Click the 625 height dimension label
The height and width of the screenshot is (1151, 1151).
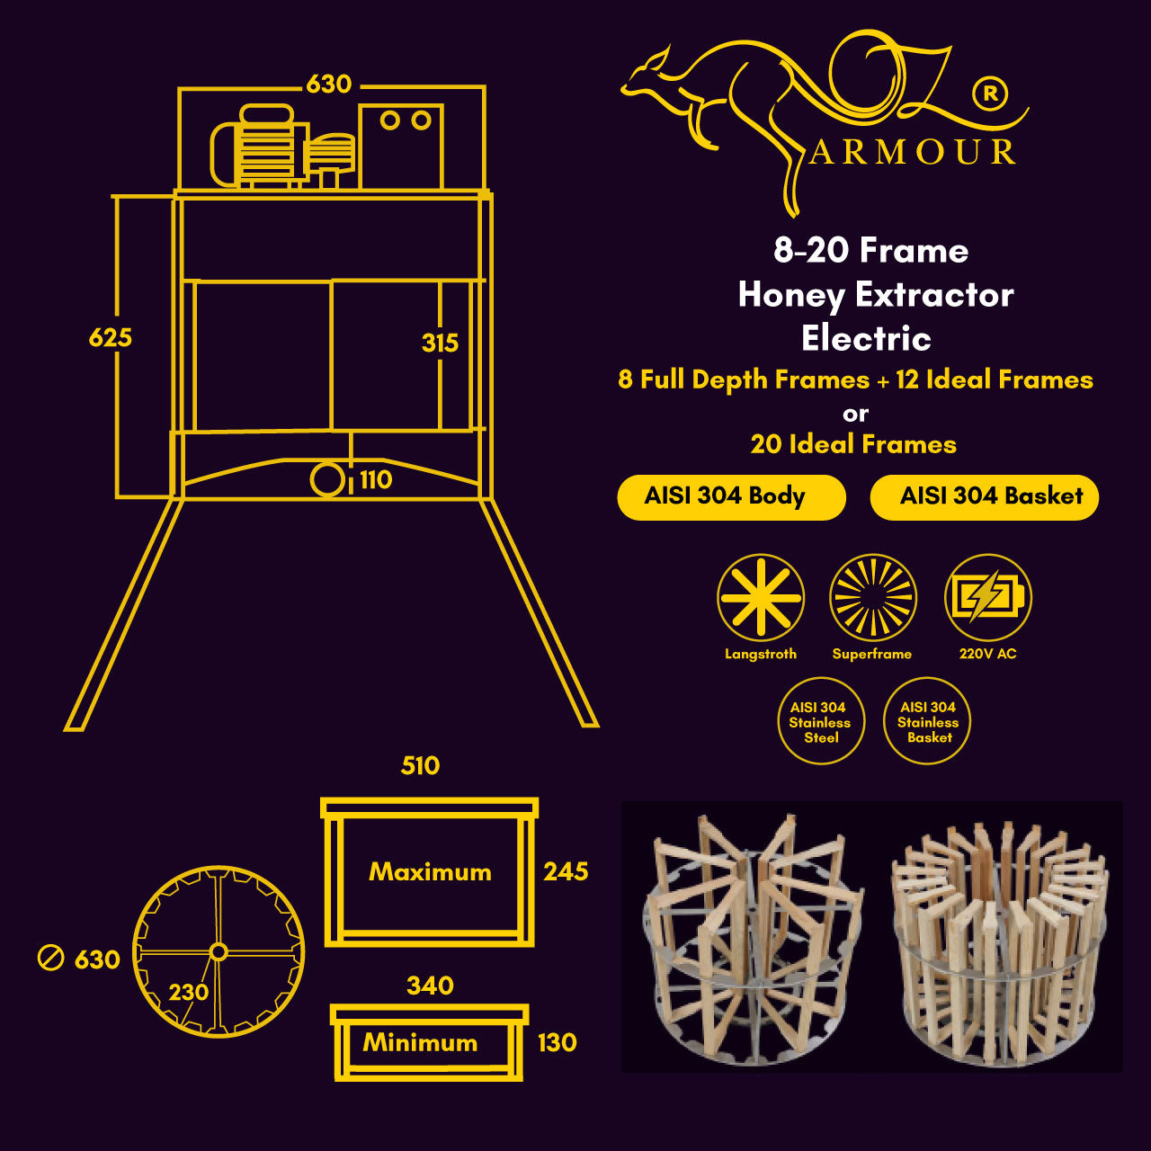click(111, 338)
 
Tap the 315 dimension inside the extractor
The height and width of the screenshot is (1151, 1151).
click(441, 344)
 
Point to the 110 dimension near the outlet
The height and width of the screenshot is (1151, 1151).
click(376, 479)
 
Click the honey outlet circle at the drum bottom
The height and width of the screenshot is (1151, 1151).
click(327, 479)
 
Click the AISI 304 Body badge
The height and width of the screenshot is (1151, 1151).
click(731, 497)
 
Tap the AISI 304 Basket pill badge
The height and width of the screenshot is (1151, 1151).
click(985, 497)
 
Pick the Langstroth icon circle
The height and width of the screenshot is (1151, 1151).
click(761, 597)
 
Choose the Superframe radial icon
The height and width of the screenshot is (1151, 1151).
click(873, 597)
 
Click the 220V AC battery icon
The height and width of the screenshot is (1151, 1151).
click(988, 597)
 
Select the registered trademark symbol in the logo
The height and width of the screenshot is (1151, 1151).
click(990, 94)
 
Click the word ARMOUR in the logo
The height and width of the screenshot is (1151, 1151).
click(912, 152)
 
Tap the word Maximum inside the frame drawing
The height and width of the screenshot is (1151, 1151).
click(430, 872)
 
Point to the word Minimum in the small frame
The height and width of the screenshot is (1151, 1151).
click(420, 1043)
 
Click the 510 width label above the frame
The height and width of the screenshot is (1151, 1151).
click(420, 766)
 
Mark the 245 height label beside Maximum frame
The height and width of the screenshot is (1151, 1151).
click(566, 871)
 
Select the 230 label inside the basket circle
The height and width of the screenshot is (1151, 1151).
click(189, 992)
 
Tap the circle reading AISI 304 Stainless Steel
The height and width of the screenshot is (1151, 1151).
click(821, 721)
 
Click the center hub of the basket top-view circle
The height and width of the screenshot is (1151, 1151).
click(219, 951)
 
